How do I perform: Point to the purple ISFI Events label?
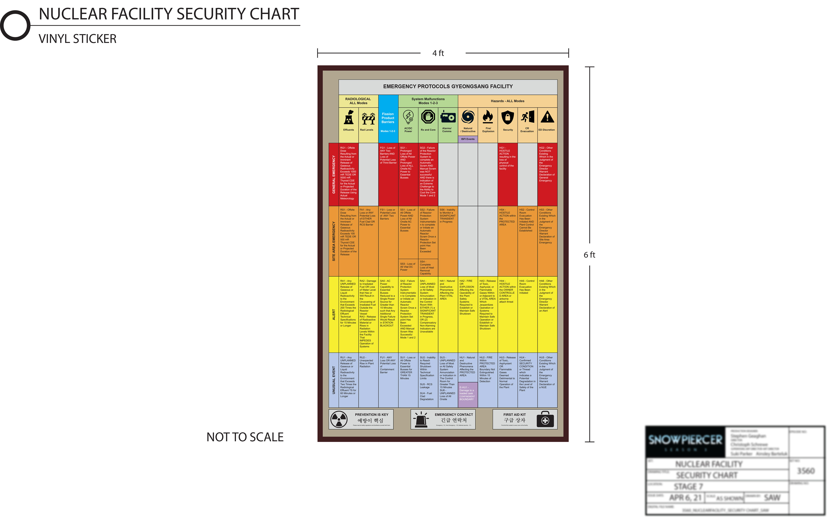coord(468,139)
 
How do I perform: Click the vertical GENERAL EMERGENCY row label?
coord(334,174)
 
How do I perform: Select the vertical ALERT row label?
coord(334,314)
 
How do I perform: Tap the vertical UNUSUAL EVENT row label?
coord(334,380)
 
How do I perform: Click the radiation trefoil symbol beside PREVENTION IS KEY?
coord(339,419)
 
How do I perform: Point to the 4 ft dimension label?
coord(438,53)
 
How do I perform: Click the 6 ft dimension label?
coord(589,255)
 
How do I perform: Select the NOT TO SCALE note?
coord(245,437)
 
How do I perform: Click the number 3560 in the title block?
coord(806,471)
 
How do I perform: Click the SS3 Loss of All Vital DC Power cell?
coord(408,267)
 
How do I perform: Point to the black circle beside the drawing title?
coord(15,25)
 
